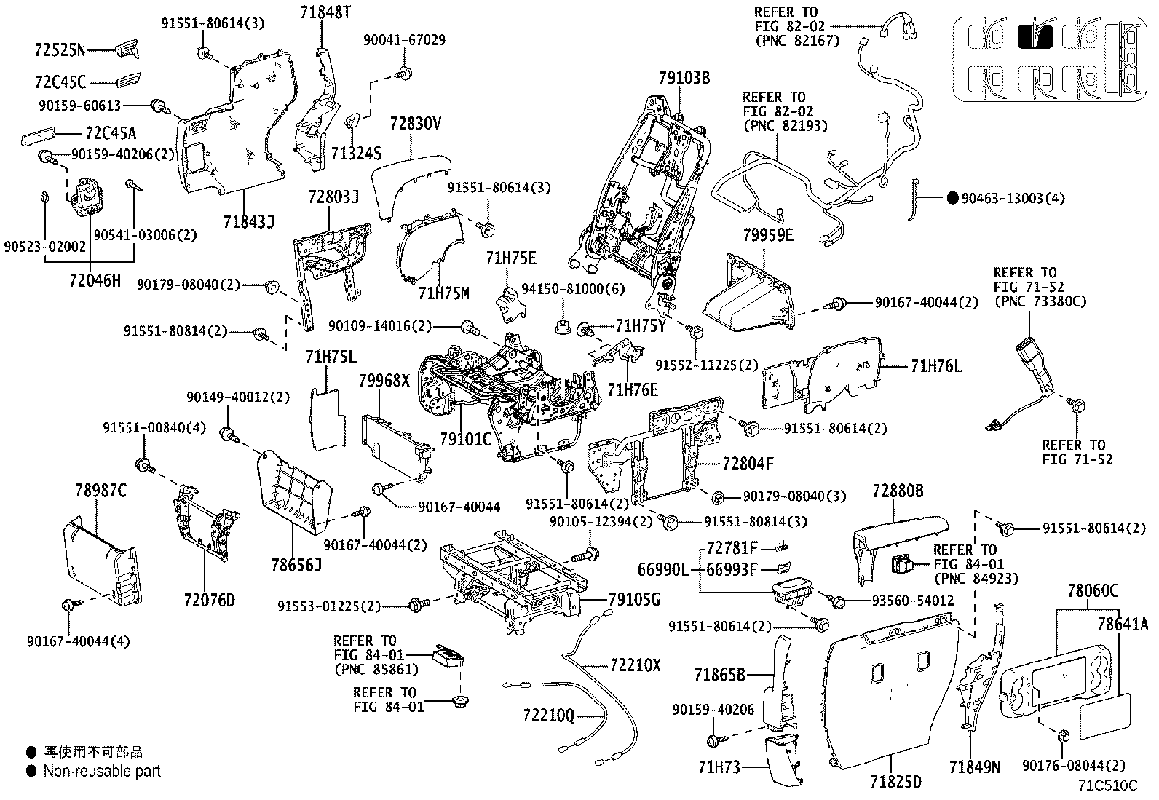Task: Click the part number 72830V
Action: (x=416, y=124)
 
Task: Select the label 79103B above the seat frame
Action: (x=684, y=78)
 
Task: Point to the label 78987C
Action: (x=100, y=490)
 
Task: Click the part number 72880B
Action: (x=898, y=491)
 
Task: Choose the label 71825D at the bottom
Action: (x=895, y=782)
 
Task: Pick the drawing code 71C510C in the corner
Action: (x=1107, y=785)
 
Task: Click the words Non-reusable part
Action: (x=102, y=771)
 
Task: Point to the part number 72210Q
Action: (x=548, y=716)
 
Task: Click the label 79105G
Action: (x=634, y=600)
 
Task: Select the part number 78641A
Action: (x=1122, y=624)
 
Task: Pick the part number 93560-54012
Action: (x=913, y=601)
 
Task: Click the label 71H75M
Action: (x=444, y=294)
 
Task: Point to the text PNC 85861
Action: (x=376, y=670)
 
